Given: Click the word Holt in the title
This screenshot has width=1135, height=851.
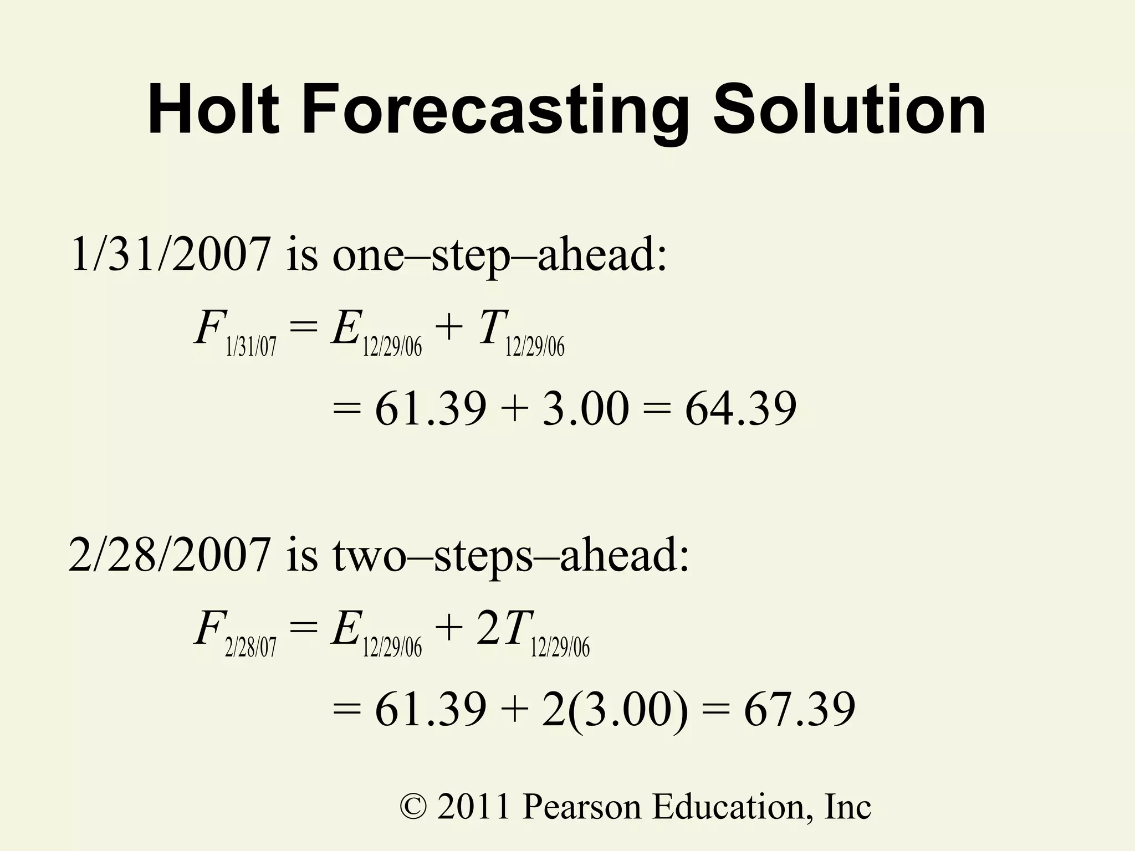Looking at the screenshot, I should [213, 109].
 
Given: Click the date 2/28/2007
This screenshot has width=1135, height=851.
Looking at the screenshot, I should [170, 555].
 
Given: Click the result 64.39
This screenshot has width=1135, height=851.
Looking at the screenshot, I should [740, 408].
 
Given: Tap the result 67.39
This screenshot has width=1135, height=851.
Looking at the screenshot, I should [799, 709].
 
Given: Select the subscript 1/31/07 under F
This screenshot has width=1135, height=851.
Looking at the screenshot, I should [251, 347].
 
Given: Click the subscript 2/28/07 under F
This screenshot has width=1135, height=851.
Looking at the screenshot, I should [250, 647].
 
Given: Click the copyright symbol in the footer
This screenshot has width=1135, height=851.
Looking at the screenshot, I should [413, 807].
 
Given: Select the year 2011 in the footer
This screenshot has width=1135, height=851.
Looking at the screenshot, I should [473, 807].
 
